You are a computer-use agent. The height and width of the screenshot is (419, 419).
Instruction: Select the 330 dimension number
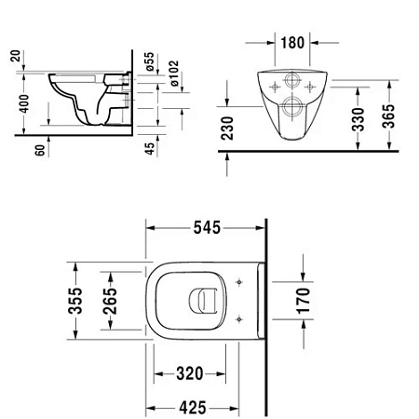point(358,118)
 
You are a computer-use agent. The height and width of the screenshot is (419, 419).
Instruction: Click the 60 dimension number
point(41,152)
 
